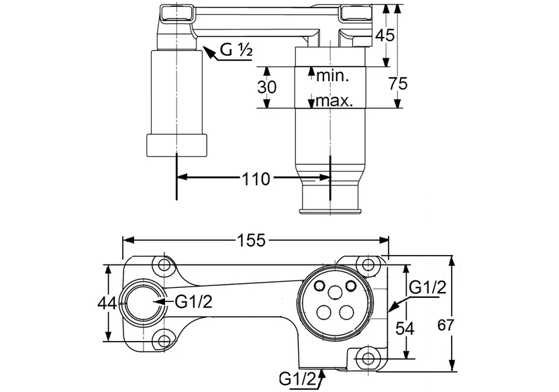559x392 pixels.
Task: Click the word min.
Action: [334, 76]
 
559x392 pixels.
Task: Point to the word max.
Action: [336, 102]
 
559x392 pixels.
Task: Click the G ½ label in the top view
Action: [237, 50]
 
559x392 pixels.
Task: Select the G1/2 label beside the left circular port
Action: [194, 302]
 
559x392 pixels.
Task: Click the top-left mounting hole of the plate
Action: [162, 264]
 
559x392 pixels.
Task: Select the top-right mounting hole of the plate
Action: [366, 264]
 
